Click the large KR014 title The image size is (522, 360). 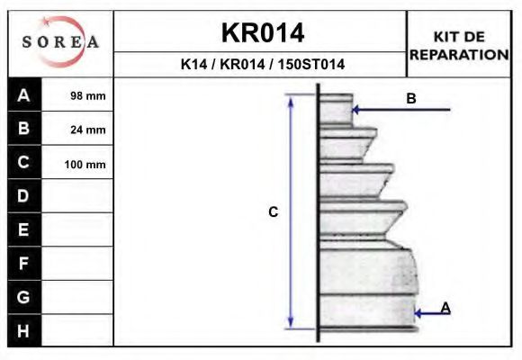(262, 33)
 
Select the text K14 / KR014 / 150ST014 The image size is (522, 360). (262, 65)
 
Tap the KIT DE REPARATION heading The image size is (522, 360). (459, 45)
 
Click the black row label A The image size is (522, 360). (24, 94)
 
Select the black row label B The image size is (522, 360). (24, 129)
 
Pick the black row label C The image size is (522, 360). (24, 163)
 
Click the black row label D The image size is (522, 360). (24, 196)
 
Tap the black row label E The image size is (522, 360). (24, 230)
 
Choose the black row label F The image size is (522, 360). (24, 264)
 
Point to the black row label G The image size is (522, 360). (24, 297)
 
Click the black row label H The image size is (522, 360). (24, 330)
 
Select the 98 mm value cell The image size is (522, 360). (87, 95)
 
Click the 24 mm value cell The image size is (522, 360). (87, 130)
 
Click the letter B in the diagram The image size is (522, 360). (411, 99)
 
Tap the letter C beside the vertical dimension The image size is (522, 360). (274, 212)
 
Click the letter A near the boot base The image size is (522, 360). (445, 308)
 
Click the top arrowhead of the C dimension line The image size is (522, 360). (291, 100)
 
